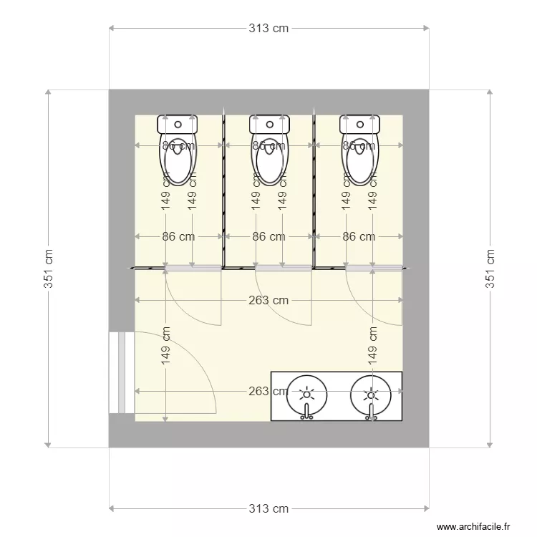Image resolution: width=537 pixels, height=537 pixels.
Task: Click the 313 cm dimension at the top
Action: (268, 29)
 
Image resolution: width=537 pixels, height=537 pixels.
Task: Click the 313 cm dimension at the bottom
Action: (268, 508)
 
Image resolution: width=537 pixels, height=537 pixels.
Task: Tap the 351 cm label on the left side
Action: (49, 268)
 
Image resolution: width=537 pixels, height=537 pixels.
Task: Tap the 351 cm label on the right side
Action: (490, 268)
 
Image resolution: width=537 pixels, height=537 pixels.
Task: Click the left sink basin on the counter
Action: (307, 395)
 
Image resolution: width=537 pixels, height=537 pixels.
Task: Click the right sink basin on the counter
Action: (370, 395)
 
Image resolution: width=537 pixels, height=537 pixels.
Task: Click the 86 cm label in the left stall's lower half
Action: (178, 236)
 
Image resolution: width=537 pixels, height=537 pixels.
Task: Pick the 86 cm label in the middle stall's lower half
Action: (268, 236)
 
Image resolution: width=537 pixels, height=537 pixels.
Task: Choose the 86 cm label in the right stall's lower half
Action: (358, 236)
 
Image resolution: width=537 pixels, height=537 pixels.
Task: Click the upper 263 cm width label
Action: (268, 300)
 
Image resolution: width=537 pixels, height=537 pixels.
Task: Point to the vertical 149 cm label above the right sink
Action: (372, 347)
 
